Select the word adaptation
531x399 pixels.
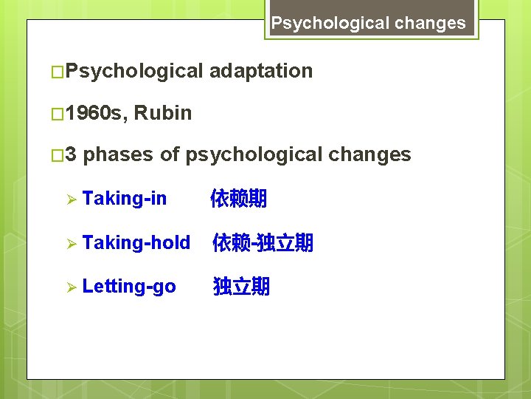click(x=261, y=71)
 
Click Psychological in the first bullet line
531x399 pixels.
click(x=133, y=71)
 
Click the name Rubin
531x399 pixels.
click(x=163, y=113)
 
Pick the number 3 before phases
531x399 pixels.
click(x=70, y=154)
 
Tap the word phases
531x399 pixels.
click(x=119, y=154)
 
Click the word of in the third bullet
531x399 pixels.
click(x=170, y=154)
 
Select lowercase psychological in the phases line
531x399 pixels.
click(x=254, y=154)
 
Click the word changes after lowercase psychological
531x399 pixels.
click(x=369, y=154)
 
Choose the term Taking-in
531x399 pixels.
click(x=125, y=198)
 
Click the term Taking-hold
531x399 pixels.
click(x=136, y=242)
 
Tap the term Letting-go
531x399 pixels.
click(x=129, y=287)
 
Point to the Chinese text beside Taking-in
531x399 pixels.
click(x=238, y=198)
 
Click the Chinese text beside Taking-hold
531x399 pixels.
click(x=263, y=242)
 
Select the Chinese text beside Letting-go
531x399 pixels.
click(x=241, y=287)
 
